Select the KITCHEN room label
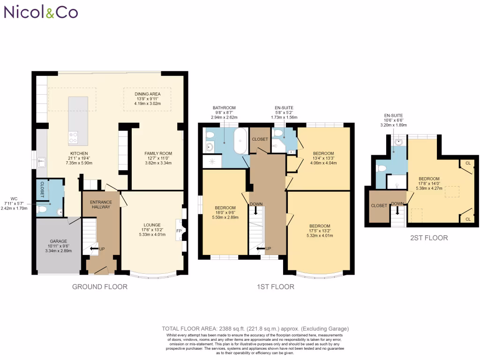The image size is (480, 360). pos(79,153)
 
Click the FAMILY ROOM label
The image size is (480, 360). pos(158,153)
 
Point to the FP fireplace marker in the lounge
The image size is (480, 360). pos(179,231)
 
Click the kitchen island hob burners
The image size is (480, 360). pos(74,136)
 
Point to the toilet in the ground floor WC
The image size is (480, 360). pos(43,209)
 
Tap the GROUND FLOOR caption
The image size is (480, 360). pos(99,286)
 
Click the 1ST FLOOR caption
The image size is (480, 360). pos(275,286)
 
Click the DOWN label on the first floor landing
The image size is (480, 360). pos(256,204)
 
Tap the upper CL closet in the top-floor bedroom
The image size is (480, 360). pos(468,163)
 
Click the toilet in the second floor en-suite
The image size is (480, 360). pos(381,168)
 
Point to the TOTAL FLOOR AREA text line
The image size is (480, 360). pos(255,329)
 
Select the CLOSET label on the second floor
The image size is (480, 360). pos(379,205)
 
